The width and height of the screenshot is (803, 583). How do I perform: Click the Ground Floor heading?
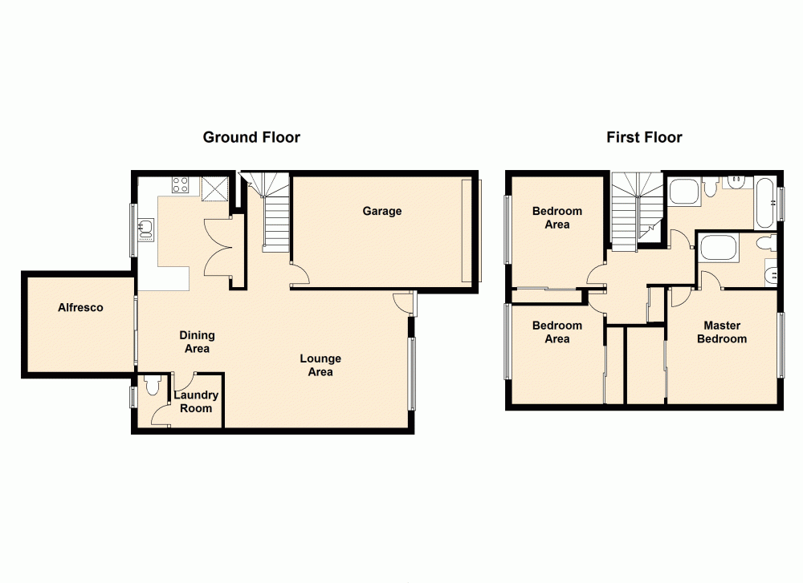(x=251, y=137)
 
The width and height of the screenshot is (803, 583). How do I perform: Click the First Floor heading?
(x=644, y=137)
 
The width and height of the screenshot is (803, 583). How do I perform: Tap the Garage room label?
(x=381, y=211)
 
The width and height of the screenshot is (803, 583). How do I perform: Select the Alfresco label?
(x=80, y=307)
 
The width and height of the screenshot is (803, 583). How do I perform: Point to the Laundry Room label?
(x=196, y=402)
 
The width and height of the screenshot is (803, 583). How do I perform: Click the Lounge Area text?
(x=320, y=365)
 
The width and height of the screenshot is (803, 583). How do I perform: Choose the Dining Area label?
(x=197, y=342)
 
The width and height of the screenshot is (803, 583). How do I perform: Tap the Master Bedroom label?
(x=721, y=332)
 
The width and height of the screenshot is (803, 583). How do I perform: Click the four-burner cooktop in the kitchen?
(x=181, y=185)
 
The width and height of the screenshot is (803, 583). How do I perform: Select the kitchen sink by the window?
(x=145, y=230)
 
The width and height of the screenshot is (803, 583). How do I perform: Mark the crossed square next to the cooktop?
(x=215, y=188)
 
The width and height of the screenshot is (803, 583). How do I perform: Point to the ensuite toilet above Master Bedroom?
(x=764, y=241)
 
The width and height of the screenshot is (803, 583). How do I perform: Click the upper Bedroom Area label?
(x=556, y=217)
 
